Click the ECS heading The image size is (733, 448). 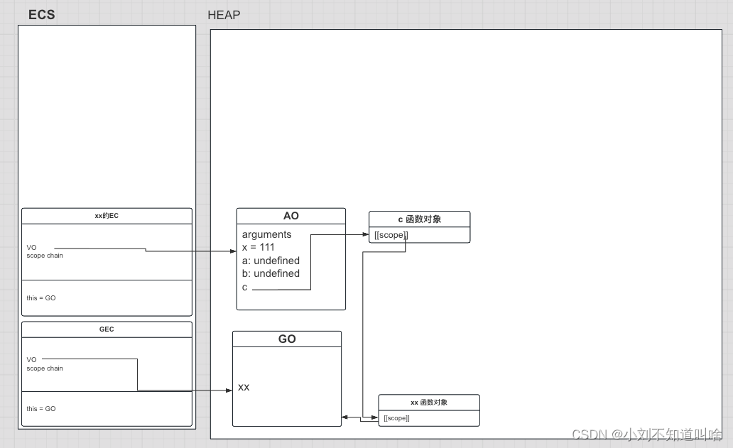(x=41, y=15)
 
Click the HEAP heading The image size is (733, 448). (x=224, y=15)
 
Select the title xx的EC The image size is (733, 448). (x=107, y=216)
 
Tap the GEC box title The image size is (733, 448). (x=107, y=329)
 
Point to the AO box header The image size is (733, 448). (x=291, y=216)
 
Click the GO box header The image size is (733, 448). (x=287, y=339)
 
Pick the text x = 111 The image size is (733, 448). (x=258, y=247)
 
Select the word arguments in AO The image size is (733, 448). (x=266, y=234)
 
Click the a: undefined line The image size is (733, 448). (x=271, y=261)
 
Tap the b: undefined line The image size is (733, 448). (x=271, y=273)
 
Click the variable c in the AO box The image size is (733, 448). (x=245, y=287)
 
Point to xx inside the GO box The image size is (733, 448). (x=244, y=387)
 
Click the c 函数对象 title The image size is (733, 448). (x=419, y=219)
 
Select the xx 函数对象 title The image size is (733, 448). (x=428, y=403)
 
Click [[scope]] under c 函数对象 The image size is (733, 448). (x=391, y=235)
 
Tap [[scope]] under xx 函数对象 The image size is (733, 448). (x=396, y=418)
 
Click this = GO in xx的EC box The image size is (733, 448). (x=41, y=298)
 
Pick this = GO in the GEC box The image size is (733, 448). (x=41, y=409)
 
